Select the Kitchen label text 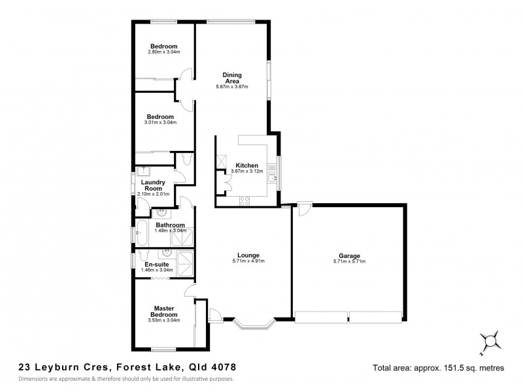(x=247, y=165)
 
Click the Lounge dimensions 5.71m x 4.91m (x=248, y=261)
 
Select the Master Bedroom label (x=163, y=311)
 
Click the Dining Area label (x=233, y=78)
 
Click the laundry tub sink (x=145, y=171)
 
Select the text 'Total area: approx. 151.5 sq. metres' (x=438, y=368)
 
